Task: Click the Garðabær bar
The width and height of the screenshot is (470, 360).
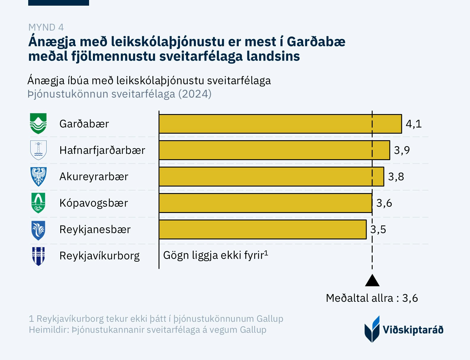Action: pos(280,124)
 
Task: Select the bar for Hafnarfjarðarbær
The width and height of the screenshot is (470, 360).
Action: pos(274,150)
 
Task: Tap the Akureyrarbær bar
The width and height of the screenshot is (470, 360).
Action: pos(271,177)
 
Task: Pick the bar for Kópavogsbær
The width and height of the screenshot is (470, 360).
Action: pos(265,203)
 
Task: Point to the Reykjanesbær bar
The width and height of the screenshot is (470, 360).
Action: pos(262,229)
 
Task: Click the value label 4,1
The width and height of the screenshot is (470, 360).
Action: pos(414,124)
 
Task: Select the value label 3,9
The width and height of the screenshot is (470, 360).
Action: pos(402,150)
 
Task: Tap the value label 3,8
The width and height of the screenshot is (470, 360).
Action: pos(396,177)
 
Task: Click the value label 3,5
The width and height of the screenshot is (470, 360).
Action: pos(378,229)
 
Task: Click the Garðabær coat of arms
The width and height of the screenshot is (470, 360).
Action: pos(38,124)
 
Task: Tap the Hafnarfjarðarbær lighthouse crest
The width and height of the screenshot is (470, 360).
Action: pos(38,150)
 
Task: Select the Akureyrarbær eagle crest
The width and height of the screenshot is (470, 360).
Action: pos(38,176)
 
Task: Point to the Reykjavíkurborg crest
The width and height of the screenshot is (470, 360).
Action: pos(38,256)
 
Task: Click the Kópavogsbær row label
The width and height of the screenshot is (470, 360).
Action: pos(94,203)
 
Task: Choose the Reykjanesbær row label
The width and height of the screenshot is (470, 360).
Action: pos(95,230)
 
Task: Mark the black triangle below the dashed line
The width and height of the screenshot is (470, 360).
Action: pos(372,281)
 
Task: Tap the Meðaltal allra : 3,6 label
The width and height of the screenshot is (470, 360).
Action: pos(372,298)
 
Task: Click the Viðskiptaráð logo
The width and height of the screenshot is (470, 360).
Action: pos(404,329)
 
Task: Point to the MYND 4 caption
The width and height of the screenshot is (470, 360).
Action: pos(46,27)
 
